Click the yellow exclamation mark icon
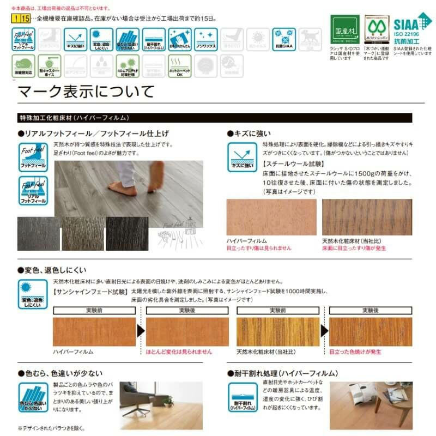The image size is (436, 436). click(16, 19)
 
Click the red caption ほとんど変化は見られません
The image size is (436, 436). click(179, 352)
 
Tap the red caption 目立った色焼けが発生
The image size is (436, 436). click(355, 352)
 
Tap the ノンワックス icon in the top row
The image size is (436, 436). click(206, 39)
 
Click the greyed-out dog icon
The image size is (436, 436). click(311, 39)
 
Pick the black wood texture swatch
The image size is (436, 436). click(126, 233)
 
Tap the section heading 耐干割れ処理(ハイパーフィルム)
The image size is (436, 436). click(286, 373)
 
